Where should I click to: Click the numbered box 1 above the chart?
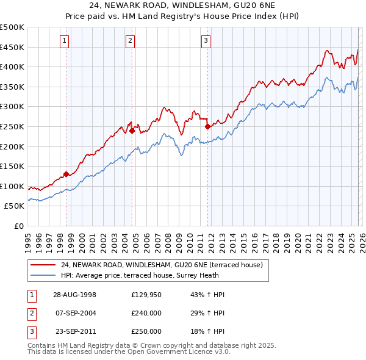(x=65, y=41)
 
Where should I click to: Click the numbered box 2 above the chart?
(x=131, y=41)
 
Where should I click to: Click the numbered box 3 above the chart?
(x=206, y=41)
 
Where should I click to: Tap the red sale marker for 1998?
(x=66, y=174)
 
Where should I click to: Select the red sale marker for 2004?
(x=131, y=129)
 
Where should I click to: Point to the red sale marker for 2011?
(x=207, y=126)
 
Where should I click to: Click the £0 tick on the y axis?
(x=18, y=226)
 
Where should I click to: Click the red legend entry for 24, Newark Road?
(x=161, y=265)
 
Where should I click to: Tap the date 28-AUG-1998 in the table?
(x=74, y=294)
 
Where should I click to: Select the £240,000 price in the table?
(x=146, y=313)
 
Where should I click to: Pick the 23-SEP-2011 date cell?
(x=74, y=331)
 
